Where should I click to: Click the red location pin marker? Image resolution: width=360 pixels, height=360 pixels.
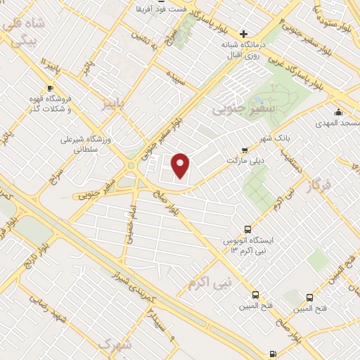(181, 165)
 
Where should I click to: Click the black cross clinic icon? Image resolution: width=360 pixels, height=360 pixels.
(244, 33)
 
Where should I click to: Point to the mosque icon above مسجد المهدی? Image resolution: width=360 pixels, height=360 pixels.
(338, 112)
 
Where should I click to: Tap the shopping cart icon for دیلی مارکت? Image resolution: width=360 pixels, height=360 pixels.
(244, 150)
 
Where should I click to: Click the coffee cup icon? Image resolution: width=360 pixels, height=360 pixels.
(49, 88)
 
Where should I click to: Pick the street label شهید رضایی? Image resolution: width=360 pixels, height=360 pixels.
(46, 309)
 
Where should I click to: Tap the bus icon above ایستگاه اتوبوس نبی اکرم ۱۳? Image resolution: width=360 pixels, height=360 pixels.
(247, 229)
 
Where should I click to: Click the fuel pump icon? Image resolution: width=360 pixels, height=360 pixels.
(273, 354)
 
